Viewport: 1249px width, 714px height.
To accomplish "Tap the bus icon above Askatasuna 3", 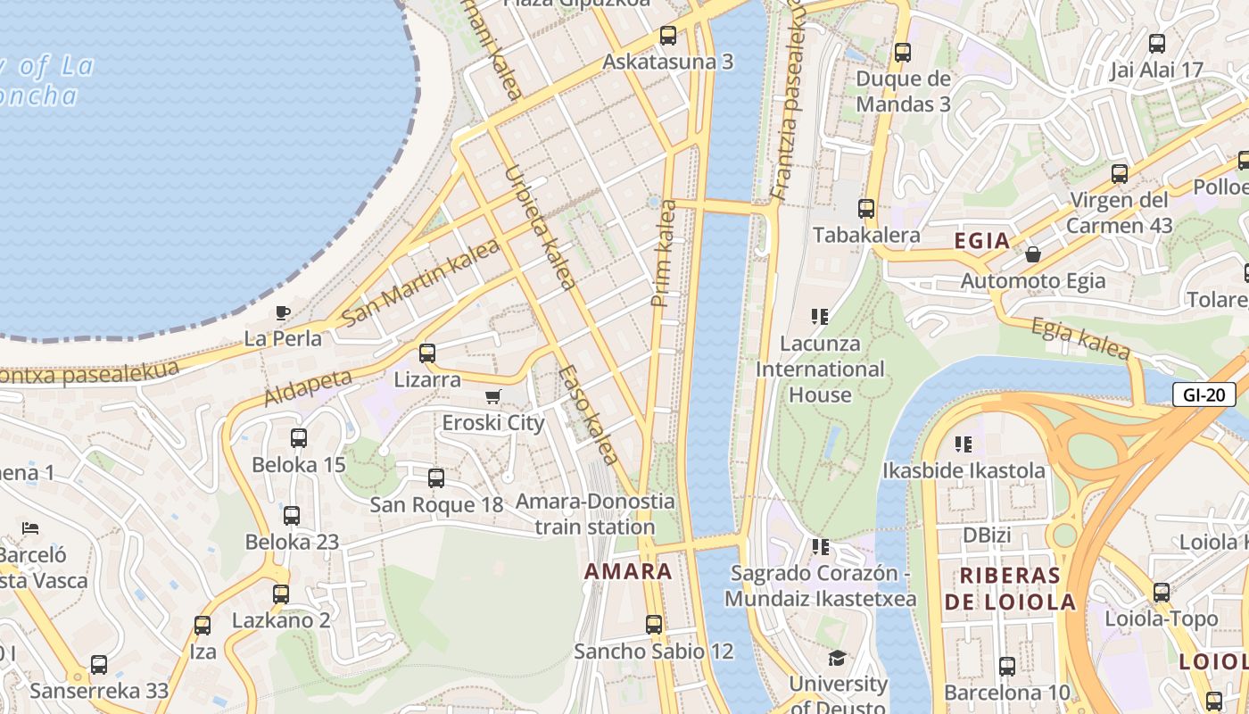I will click(x=667, y=36).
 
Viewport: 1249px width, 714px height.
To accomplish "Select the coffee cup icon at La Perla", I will click(x=282, y=312).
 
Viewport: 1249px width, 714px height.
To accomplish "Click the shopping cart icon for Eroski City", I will click(x=492, y=396).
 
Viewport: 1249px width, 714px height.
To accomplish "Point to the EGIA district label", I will click(x=981, y=240).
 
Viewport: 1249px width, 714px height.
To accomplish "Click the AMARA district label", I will click(x=628, y=572).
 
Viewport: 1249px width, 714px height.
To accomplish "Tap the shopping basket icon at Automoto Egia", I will click(x=1032, y=254).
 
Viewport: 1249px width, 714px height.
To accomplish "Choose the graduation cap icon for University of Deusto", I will click(x=837, y=658).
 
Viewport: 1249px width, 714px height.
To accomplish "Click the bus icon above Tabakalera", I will click(x=865, y=209).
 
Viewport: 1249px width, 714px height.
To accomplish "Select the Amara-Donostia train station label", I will click(x=595, y=514).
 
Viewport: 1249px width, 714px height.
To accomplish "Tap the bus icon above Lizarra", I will click(x=427, y=353).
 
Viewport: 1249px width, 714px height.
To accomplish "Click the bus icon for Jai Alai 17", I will click(x=1156, y=43).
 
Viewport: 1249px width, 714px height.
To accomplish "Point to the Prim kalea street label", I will click(x=664, y=254).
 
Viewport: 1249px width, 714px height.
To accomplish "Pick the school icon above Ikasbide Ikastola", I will click(x=963, y=444).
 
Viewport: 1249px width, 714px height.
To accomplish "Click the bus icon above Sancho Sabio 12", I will click(x=654, y=625).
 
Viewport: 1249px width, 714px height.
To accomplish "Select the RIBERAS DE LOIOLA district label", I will click(x=1010, y=588).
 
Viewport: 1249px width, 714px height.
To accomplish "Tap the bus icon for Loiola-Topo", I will click(x=1161, y=593).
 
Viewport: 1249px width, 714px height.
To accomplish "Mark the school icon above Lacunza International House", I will click(x=819, y=316).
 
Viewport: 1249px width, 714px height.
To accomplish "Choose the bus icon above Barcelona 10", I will click(x=1006, y=666).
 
